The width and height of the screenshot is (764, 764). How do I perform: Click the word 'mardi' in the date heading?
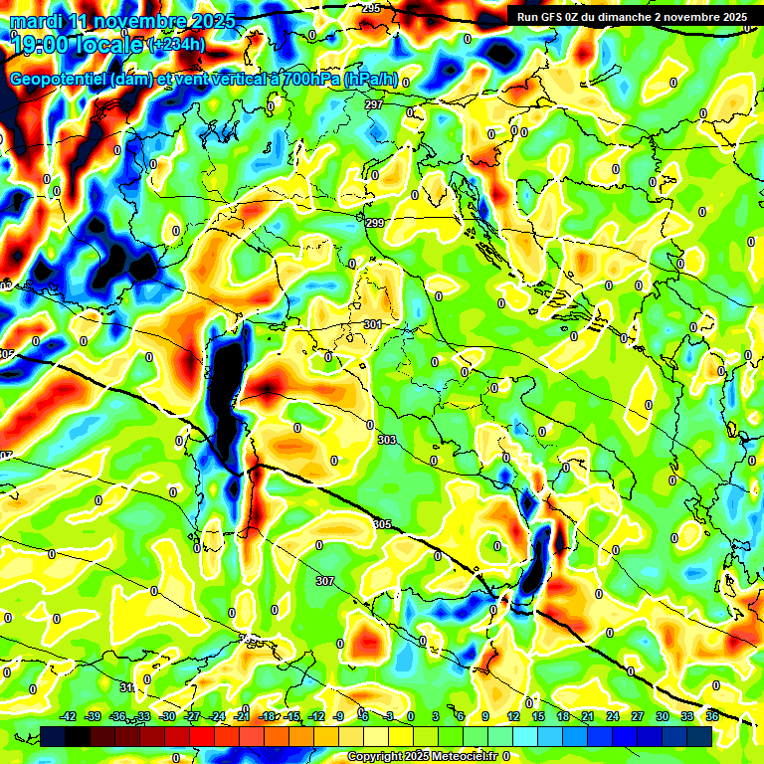(37, 21)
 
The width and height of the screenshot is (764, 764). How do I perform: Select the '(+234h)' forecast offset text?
(177, 45)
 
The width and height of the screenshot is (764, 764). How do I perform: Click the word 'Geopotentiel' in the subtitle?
(58, 80)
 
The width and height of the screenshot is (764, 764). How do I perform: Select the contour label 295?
(371, 8)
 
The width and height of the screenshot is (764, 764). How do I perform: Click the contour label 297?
(374, 104)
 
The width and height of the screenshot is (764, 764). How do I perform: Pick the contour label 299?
(375, 223)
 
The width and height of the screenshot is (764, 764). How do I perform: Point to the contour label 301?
(373, 324)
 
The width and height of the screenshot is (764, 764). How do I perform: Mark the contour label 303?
(387, 440)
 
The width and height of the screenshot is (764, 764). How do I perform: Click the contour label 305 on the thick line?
(382, 524)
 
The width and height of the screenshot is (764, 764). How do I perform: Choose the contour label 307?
(325, 581)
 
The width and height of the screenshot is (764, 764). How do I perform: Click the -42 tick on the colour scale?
(69, 716)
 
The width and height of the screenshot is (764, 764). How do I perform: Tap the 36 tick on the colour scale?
(712, 716)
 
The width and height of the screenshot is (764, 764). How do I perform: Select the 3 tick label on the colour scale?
(437, 716)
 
